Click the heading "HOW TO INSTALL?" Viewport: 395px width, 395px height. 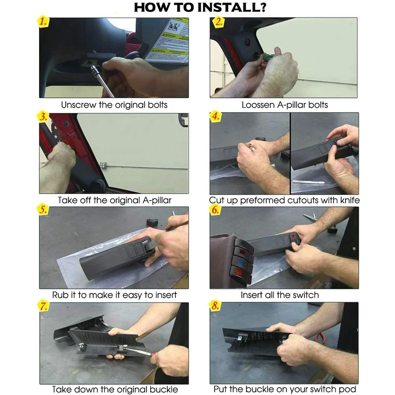coord(200,7)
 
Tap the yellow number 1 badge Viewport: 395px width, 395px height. coord(43,21)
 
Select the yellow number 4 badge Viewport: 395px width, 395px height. coord(215,117)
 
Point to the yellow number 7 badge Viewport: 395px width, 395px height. coord(43,306)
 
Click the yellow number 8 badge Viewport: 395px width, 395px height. coord(215,306)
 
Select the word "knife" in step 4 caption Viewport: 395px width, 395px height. coord(350,200)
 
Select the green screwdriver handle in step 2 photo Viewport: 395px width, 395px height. coord(268,57)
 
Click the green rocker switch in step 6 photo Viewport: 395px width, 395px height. coord(243,243)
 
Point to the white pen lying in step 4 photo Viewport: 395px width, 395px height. coord(308,182)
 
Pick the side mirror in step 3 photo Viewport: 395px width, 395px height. coord(183,120)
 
